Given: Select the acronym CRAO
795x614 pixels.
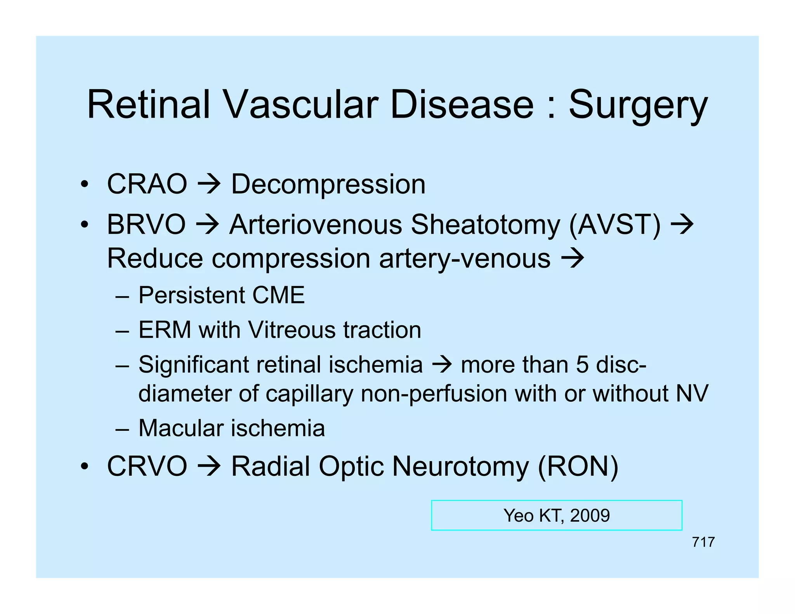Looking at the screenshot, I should pyautogui.click(x=147, y=184).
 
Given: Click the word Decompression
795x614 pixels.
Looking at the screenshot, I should pyautogui.click(x=328, y=185).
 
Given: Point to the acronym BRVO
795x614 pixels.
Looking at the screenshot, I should pyautogui.click(x=146, y=225).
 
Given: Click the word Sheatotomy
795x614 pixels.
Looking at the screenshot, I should pyautogui.click(x=485, y=225).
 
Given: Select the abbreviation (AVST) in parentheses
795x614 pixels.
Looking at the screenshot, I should pyautogui.click(x=614, y=225).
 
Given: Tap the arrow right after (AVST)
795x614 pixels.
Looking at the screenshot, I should pyautogui.click(x=682, y=225).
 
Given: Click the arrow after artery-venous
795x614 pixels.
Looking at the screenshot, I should pyautogui.click(x=573, y=258).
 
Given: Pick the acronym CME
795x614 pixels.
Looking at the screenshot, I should pyautogui.click(x=278, y=295).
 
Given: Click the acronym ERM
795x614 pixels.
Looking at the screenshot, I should pyautogui.click(x=165, y=330).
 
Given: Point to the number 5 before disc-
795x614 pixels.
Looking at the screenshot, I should pyautogui.click(x=582, y=365).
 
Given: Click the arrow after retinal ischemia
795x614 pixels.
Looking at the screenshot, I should pyautogui.click(x=442, y=365).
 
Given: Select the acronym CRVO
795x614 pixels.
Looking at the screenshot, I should pyautogui.click(x=147, y=466).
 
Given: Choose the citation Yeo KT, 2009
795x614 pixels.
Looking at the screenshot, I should pyautogui.click(x=556, y=515).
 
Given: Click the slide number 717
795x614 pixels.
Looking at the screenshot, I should pyautogui.click(x=703, y=542).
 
